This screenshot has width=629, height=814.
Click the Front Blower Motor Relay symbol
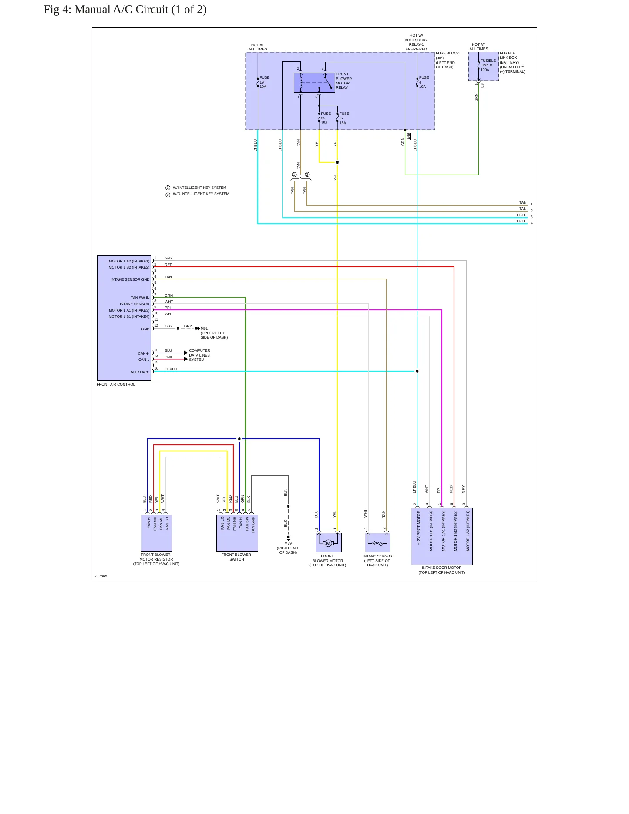314,83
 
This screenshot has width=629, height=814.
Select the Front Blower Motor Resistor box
156,533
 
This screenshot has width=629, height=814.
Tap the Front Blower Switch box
237,533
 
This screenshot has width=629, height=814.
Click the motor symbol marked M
328,543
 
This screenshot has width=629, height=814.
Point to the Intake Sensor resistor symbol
377,543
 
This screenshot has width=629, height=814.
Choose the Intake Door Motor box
442,536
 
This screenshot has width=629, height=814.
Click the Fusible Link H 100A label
488,65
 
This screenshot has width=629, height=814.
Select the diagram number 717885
101,576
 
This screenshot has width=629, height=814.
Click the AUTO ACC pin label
140,372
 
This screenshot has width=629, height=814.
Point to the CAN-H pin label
144,353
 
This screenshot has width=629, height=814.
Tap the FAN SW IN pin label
140,298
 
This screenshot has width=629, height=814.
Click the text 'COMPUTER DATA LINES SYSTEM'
199,355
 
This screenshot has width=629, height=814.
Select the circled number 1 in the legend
168,188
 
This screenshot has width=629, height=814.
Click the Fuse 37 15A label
344,118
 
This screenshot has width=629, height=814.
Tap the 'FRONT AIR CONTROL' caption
116,384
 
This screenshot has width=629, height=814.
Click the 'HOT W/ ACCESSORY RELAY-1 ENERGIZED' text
416,42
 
